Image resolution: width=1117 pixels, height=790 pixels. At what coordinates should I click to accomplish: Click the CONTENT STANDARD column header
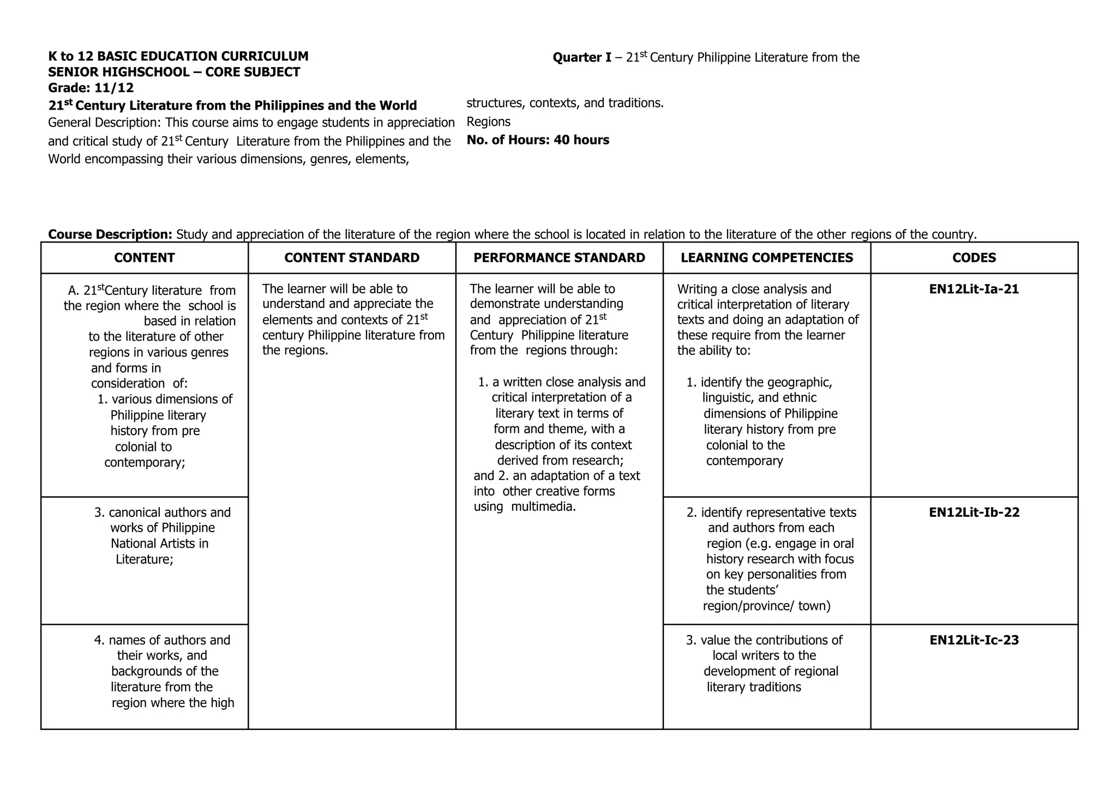coord(352,258)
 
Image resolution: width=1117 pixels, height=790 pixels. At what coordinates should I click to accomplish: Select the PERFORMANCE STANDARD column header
coord(559,258)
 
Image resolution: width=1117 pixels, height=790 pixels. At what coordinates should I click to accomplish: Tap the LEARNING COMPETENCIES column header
coord(767,258)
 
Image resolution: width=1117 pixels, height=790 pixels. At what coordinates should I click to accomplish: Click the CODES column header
coord(974,258)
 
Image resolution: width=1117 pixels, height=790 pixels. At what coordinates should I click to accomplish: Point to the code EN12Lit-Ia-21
coord(974,289)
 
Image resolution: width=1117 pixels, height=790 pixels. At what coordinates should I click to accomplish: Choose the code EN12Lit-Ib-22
coord(974,512)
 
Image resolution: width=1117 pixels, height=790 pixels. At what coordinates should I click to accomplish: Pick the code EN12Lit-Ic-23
coord(974,640)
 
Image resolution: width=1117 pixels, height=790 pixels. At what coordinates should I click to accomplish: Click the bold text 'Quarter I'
coord(581,58)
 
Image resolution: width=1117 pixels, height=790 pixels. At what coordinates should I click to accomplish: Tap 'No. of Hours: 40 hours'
coord(538,140)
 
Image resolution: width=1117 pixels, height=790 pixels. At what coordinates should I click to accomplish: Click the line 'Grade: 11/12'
coord(91,88)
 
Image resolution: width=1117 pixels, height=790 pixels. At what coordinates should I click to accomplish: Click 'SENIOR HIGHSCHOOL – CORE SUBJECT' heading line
coord(174,72)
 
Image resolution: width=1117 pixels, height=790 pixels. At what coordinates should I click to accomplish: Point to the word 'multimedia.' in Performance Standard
coord(543,507)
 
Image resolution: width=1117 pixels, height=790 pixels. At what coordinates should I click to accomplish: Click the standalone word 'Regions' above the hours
coord(489,122)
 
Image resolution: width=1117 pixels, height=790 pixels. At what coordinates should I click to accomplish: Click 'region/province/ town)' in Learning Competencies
coord(767,606)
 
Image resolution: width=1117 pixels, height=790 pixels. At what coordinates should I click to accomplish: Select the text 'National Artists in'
coord(160,544)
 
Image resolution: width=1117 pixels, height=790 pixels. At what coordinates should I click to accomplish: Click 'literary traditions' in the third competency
coord(754,687)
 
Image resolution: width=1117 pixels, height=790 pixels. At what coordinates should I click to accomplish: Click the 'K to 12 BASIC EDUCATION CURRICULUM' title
coord(178,56)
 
